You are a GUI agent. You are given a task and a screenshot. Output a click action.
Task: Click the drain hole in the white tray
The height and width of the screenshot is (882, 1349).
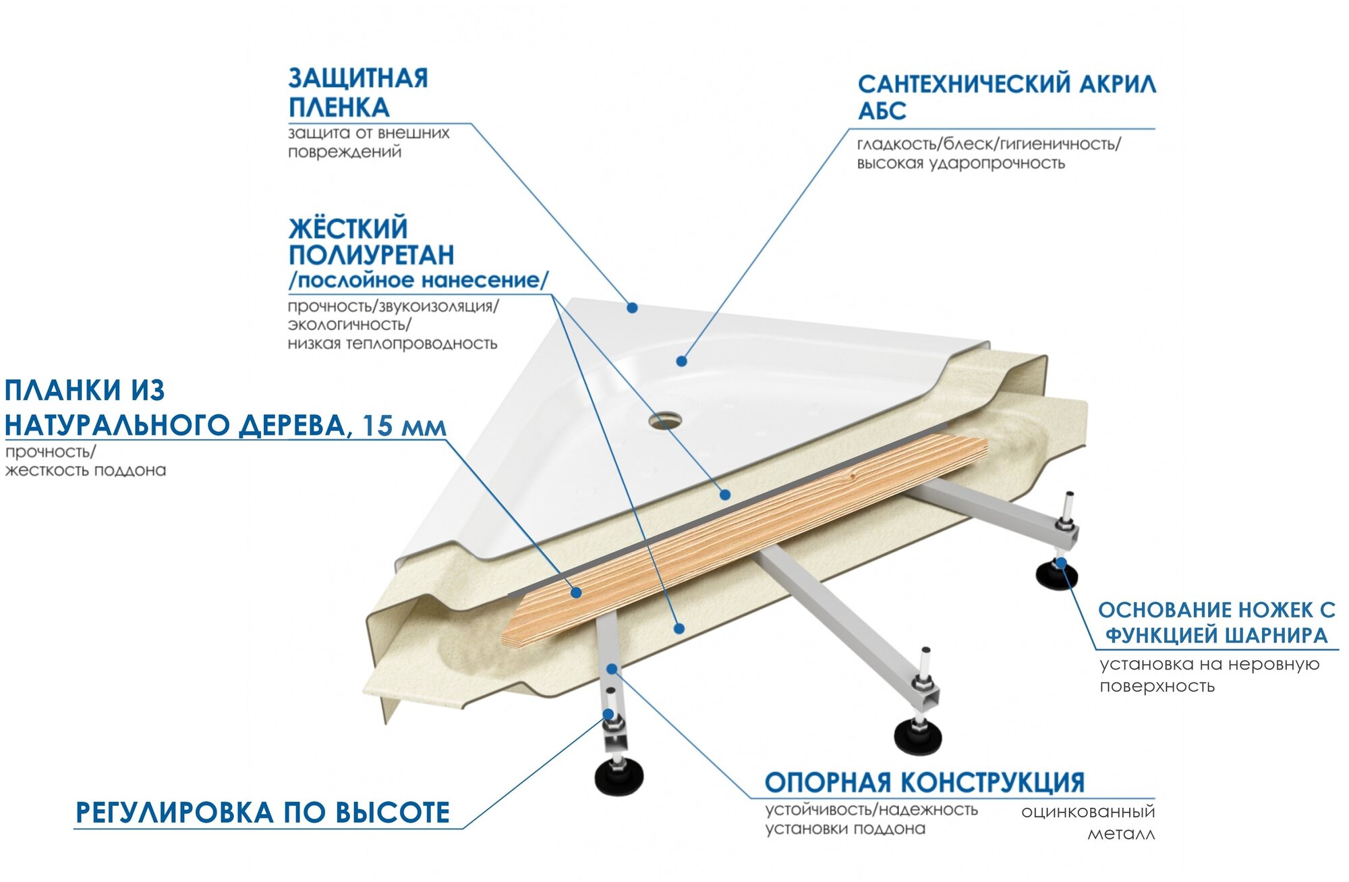click(x=664, y=422)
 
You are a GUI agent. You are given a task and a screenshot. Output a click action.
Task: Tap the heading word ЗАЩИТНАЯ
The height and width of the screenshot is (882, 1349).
click(x=358, y=78)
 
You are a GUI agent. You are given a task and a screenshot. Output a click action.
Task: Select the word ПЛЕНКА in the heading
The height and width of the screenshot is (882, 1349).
click(x=339, y=108)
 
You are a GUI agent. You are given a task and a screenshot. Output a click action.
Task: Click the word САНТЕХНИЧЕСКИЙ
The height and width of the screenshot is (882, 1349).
click(x=964, y=84)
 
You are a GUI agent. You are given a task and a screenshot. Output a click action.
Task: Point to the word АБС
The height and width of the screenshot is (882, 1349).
click(x=882, y=111)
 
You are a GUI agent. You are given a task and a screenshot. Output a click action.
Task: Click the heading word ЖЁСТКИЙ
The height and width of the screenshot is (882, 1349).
click(x=348, y=229)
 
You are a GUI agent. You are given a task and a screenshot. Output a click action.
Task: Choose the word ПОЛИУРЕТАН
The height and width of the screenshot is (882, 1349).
click(x=371, y=255)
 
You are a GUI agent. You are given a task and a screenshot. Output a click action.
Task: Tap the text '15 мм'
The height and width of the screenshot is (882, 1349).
click(x=403, y=426)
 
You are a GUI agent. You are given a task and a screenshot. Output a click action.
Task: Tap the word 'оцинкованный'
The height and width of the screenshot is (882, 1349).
click(x=1087, y=812)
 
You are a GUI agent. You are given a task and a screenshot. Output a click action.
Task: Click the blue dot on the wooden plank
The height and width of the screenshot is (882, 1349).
click(x=576, y=592)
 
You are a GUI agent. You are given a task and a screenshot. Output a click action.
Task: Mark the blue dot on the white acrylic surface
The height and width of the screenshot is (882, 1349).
click(x=681, y=361)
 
